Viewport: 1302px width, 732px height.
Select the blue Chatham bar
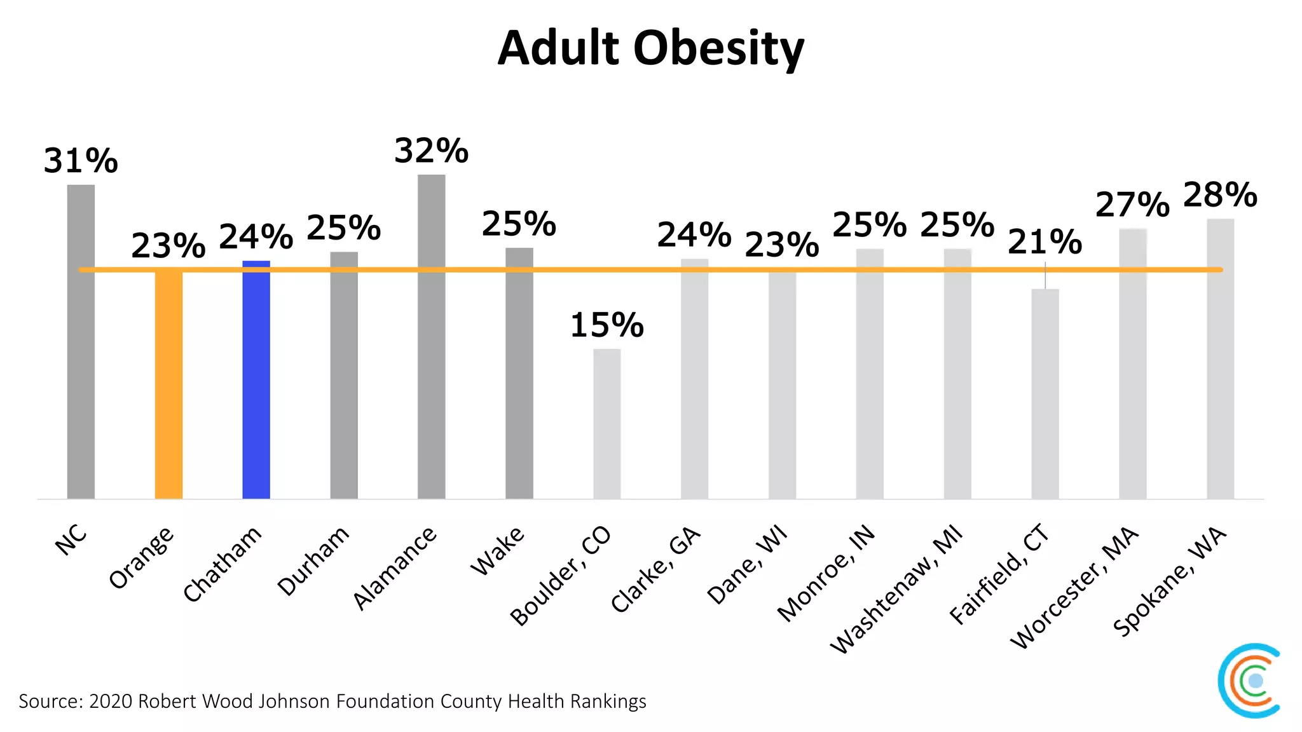pyautogui.click(x=256, y=381)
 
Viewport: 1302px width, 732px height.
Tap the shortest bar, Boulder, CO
pyautogui.click(x=606, y=424)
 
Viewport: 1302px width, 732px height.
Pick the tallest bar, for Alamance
pyautogui.click(x=432, y=337)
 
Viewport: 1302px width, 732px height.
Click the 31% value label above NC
pyautogui.click(x=81, y=161)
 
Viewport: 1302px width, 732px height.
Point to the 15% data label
pyautogui.click(x=606, y=325)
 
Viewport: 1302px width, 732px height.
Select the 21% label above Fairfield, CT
pyautogui.click(x=1045, y=242)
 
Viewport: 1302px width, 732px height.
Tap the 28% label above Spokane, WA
pyautogui.click(x=1220, y=195)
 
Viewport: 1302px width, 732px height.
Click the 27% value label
pyautogui.click(x=1132, y=205)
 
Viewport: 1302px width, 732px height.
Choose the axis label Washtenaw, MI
pyautogui.click(x=896, y=591)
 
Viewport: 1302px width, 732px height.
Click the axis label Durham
pyautogui.click(x=313, y=561)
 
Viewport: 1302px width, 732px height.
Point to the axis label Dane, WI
pyautogui.click(x=747, y=565)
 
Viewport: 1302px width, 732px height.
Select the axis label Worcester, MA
pyautogui.click(x=1074, y=588)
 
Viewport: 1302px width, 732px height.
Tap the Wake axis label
pyautogui.click(x=497, y=551)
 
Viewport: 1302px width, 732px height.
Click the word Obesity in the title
pyautogui.click(x=718, y=49)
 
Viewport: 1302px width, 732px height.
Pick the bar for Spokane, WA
pyautogui.click(x=1220, y=359)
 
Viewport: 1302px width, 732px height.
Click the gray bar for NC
pyautogui.click(x=81, y=343)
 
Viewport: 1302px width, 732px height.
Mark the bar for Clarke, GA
pyautogui.click(x=694, y=379)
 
